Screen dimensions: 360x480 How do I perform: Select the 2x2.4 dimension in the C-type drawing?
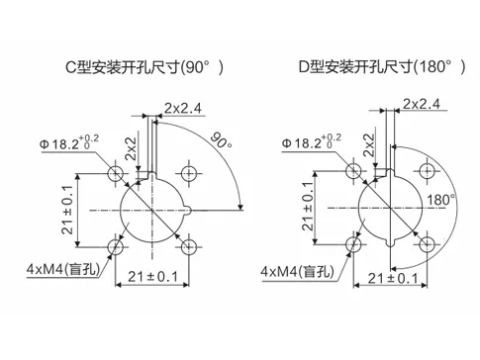tap(185, 106)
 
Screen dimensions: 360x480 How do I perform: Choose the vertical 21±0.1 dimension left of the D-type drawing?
tap(308, 209)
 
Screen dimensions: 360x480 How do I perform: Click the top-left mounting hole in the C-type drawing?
tap(118, 174)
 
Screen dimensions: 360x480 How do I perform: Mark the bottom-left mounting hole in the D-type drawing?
tap(351, 243)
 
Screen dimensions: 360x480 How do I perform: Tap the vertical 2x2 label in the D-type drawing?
tap(369, 146)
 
